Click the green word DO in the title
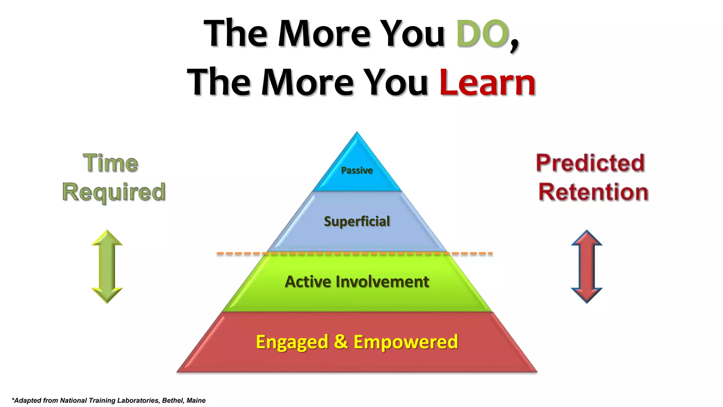click(x=482, y=34)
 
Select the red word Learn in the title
click(x=487, y=83)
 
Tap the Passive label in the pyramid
click(x=357, y=171)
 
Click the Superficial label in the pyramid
click(x=357, y=222)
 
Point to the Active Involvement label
click(x=357, y=282)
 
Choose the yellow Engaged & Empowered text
click(x=357, y=342)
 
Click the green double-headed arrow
click(x=107, y=266)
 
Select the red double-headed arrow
click(x=587, y=266)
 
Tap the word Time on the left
click(x=110, y=163)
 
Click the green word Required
click(x=114, y=193)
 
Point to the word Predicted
click(x=590, y=163)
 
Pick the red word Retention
click(x=593, y=193)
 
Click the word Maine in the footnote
click(x=196, y=400)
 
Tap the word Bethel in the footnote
click(x=172, y=400)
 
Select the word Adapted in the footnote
click(x=28, y=400)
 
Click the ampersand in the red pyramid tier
click(x=341, y=341)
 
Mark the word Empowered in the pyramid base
click(x=406, y=342)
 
